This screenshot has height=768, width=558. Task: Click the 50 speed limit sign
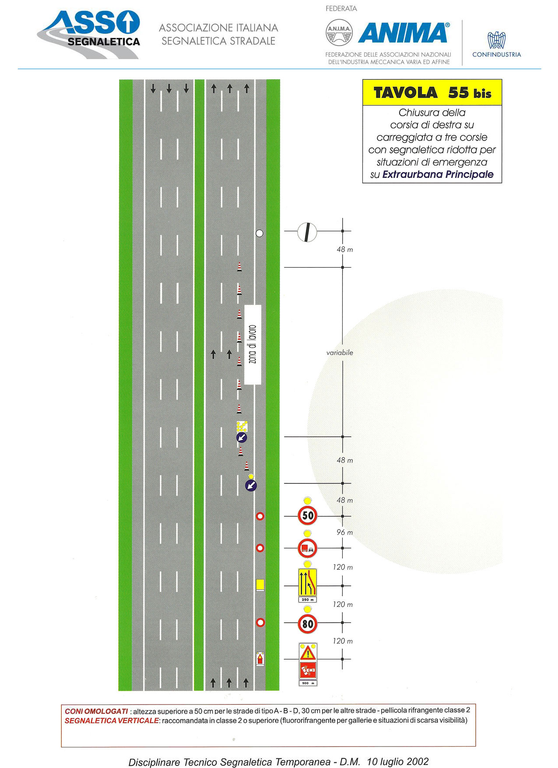pyautogui.click(x=308, y=515)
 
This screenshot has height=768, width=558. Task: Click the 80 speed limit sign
pyautogui.click(x=308, y=623)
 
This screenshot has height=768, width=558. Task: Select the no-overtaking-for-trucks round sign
pyautogui.click(x=307, y=548)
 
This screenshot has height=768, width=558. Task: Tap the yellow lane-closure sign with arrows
pyautogui.click(x=307, y=582)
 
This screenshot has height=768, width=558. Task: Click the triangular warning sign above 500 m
pyautogui.click(x=308, y=653)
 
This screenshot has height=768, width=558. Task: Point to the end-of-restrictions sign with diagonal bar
pyautogui.click(x=307, y=232)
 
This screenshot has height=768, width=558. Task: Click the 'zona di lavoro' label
pyautogui.click(x=253, y=345)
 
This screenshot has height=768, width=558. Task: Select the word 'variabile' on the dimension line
pyautogui.click(x=340, y=352)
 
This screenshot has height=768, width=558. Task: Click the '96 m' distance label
pyautogui.click(x=345, y=532)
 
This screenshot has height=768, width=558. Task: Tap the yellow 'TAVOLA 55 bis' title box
pyautogui.click(x=432, y=92)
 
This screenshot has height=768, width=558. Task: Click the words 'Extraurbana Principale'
pyautogui.click(x=438, y=174)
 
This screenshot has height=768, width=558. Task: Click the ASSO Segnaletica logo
pyautogui.click(x=89, y=35)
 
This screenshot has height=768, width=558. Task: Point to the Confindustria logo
pyautogui.click(x=497, y=44)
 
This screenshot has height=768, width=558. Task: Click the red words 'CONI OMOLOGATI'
pyautogui.click(x=96, y=712)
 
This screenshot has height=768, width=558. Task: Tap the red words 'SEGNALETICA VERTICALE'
pyautogui.click(x=112, y=721)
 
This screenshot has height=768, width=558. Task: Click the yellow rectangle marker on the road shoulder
pyautogui.click(x=260, y=585)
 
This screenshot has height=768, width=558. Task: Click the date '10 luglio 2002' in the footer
pyautogui.click(x=398, y=761)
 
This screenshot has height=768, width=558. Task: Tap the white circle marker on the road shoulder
pyautogui.click(x=260, y=233)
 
